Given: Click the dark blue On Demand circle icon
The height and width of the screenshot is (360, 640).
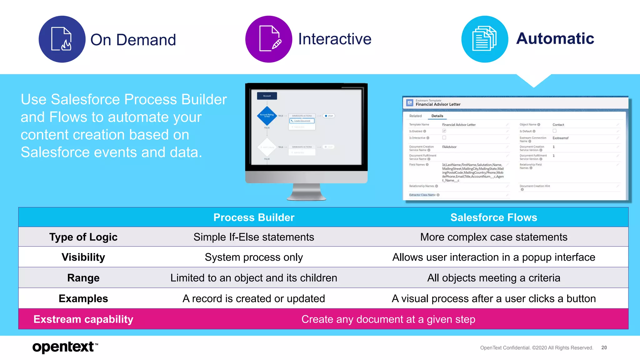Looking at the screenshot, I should point(62,39).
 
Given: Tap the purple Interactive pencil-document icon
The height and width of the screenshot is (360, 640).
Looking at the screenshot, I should point(269,39).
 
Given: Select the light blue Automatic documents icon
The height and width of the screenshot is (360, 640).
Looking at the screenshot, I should point(485,39).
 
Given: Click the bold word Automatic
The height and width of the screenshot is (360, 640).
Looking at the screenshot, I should point(555,39).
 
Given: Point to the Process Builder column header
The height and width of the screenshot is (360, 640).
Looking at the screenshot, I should point(254,217).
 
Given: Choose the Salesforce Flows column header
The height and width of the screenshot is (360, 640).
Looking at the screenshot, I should point(493,217).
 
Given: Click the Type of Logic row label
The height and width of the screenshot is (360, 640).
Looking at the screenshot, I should point(83,237).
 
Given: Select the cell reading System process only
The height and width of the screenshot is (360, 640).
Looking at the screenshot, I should point(254,257).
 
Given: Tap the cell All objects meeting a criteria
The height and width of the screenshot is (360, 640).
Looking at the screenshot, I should point(493,278).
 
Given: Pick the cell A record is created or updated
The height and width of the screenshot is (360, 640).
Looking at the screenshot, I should point(254,299).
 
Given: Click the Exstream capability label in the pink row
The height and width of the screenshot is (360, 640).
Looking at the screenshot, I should point(83,319).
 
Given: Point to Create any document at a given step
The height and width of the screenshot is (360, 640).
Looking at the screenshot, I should point(388,319).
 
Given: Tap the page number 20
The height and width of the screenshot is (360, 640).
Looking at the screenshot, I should point(604,347).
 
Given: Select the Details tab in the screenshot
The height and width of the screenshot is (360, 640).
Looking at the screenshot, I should point(437,116).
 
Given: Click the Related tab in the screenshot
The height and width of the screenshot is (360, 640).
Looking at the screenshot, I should point(415,116).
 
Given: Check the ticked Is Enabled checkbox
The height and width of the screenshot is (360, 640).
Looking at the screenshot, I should point(444,131).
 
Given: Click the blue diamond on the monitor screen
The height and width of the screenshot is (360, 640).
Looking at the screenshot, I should point(267,115).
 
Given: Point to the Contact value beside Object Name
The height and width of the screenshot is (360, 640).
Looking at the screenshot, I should point(558,125).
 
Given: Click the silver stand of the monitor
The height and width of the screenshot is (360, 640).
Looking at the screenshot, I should point(306,192).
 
